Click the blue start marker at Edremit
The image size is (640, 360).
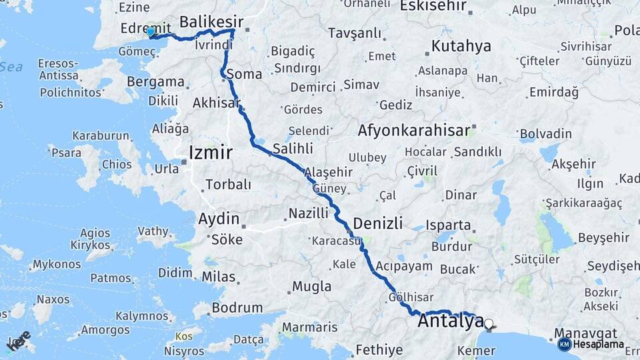pos(151,31)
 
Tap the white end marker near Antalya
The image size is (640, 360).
pos(489,324)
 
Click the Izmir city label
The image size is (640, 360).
pos(211,153)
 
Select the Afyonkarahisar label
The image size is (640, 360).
pos(414,131)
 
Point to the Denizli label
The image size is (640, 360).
pos(378,223)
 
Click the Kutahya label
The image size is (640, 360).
pos(461,47)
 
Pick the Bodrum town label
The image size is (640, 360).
pos(237,308)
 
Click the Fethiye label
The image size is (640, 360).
pos(379,349)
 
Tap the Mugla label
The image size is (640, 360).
pos(311,287)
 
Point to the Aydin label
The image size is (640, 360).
pos(219,219)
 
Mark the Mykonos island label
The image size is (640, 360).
pos(56,265)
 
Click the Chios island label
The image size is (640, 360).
pos(117,164)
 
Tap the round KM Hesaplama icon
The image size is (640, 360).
pos(565,345)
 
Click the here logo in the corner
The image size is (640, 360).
pos(18,340)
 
